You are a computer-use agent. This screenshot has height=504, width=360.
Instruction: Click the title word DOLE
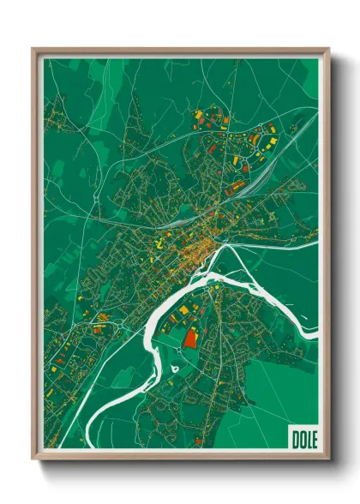click(x=303, y=439)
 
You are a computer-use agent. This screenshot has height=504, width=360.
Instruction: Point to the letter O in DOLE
click(x=301, y=439)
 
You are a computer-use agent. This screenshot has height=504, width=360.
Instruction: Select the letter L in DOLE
click(x=308, y=439)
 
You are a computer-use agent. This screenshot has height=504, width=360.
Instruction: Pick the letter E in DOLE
click(x=314, y=439)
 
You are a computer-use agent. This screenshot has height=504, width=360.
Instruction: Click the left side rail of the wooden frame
click(x=34, y=257)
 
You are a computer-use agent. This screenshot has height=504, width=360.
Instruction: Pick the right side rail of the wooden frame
click(x=327, y=257)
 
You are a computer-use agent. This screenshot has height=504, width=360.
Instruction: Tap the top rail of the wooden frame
click(x=180, y=50)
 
